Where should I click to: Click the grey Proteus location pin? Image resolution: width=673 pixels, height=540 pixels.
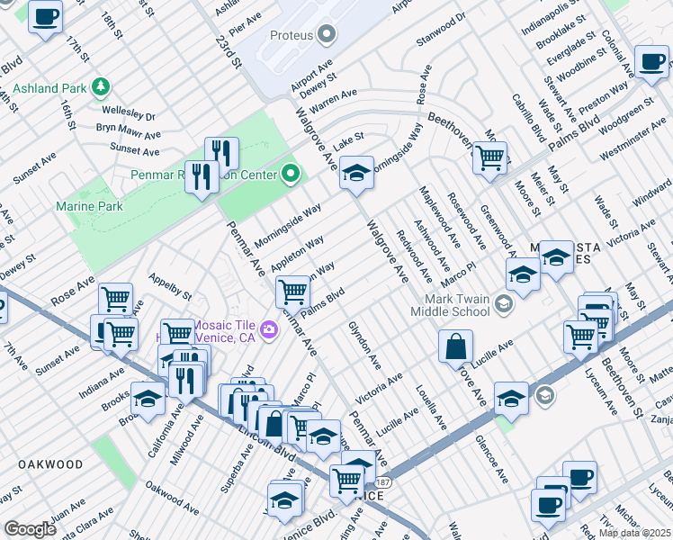[x=326, y=35]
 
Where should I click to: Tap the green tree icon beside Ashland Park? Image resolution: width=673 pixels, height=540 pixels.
[x=102, y=87]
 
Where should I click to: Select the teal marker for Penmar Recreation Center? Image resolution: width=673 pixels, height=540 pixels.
[x=291, y=173]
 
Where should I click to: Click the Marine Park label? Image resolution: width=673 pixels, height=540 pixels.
[x=89, y=206]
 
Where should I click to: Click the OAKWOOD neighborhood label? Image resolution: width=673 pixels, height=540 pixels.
[x=50, y=465]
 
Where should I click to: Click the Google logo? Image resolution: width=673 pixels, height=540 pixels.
[x=30, y=529]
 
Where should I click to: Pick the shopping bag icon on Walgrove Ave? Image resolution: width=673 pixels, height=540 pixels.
[x=457, y=346]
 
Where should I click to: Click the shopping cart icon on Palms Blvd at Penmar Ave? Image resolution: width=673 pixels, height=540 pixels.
[x=292, y=292]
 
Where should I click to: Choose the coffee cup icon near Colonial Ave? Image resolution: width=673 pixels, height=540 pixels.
[x=651, y=61]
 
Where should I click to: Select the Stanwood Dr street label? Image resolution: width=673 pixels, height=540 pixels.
[x=441, y=17]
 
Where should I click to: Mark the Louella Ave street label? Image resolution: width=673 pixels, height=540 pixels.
[x=431, y=407]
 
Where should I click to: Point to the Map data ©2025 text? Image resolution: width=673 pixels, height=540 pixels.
[x=634, y=533]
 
